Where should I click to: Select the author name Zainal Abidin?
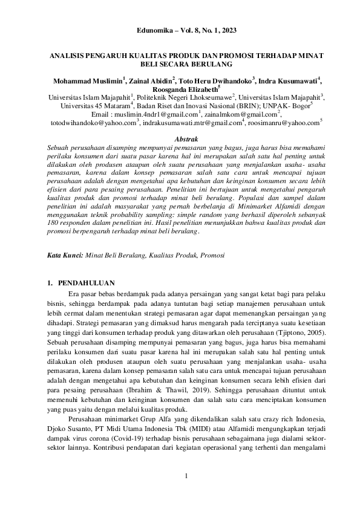click(x=151, y=80)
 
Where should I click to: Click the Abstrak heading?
click(x=180, y=139)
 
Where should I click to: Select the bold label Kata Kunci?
click(x=65, y=256)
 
